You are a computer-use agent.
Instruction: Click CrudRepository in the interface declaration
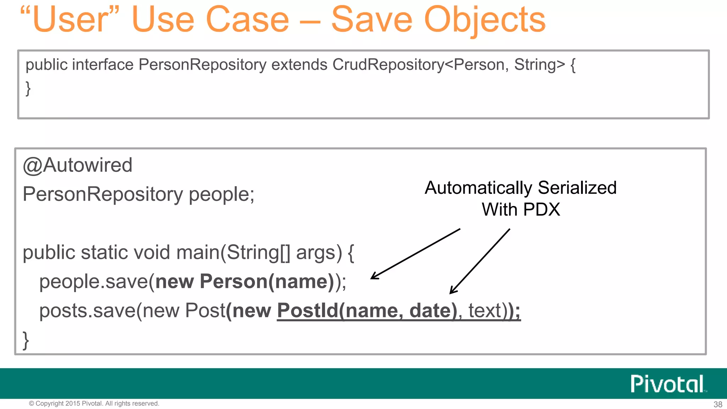(x=388, y=65)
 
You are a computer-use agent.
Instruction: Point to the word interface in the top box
(x=103, y=65)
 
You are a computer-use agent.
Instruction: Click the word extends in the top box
(x=299, y=65)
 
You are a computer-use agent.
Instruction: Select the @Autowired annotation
(x=77, y=165)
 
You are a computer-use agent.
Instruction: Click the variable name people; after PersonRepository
(x=222, y=195)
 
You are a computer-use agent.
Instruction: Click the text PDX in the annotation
(x=541, y=209)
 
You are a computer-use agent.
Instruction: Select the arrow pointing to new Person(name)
(x=415, y=254)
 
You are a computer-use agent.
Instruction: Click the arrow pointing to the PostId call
(x=480, y=261)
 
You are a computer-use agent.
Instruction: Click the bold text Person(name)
(x=267, y=282)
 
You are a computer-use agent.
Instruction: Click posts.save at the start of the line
(x=87, y=311)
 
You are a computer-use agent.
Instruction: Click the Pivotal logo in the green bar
(x=667, y=384)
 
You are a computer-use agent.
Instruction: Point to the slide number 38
(x=718, y=404)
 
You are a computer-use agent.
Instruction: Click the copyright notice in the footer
(x=94, y=404)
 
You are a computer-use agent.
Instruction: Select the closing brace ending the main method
(x=26, y=340)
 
